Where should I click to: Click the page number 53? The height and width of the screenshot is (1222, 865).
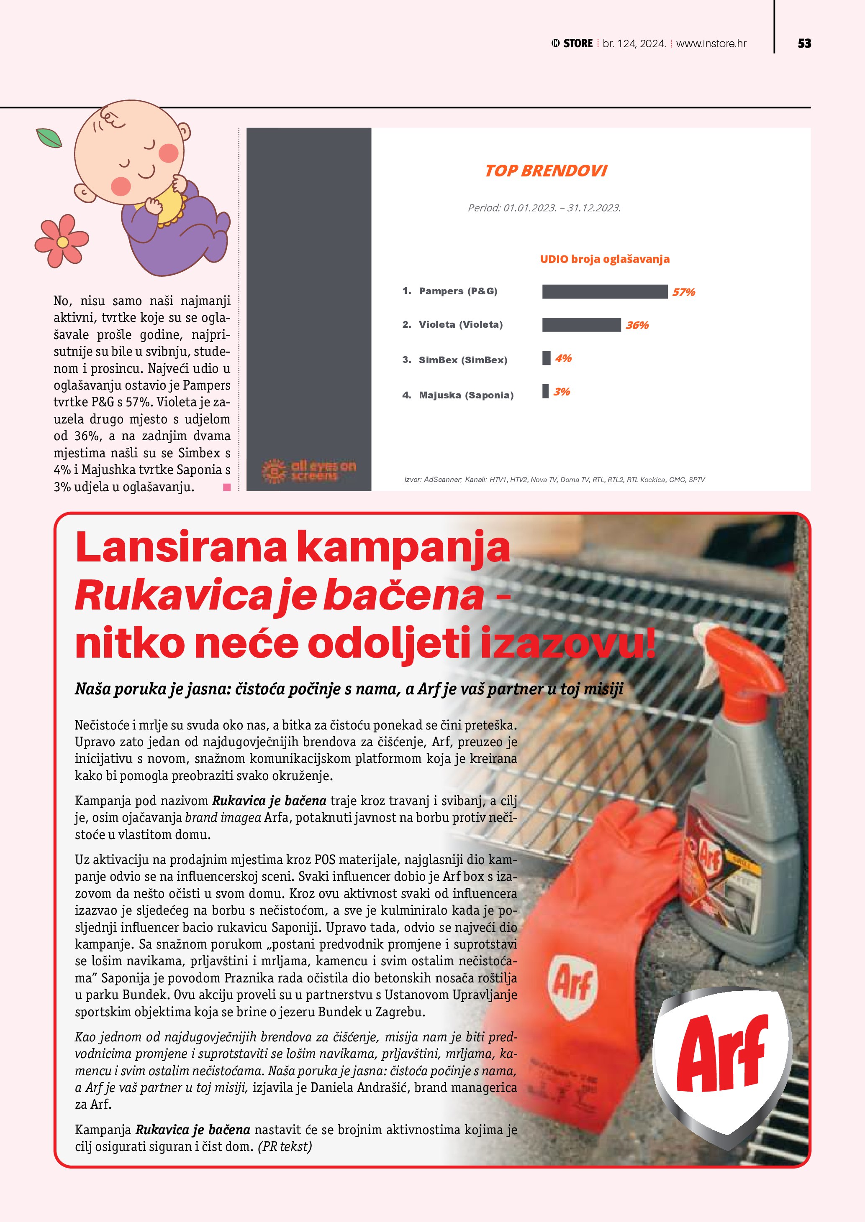point(804,43)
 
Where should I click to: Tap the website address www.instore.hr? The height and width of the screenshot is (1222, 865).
point(711,43)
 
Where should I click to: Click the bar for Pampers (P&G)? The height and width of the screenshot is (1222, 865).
point(605,292)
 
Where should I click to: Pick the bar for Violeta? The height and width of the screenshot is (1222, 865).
point(581,325)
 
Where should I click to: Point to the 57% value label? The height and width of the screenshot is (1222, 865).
point(683,292)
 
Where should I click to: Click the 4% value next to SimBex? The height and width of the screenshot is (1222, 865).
point(563,358)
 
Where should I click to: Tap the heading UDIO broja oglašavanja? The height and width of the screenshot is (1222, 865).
point(605,259)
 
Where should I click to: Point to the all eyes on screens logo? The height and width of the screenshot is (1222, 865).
point(309,470)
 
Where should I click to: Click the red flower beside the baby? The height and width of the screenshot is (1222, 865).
point(61,241)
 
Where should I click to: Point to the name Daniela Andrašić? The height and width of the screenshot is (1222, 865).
point(359,1087)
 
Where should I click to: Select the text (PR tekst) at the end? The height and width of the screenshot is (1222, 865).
point(285,1146)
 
